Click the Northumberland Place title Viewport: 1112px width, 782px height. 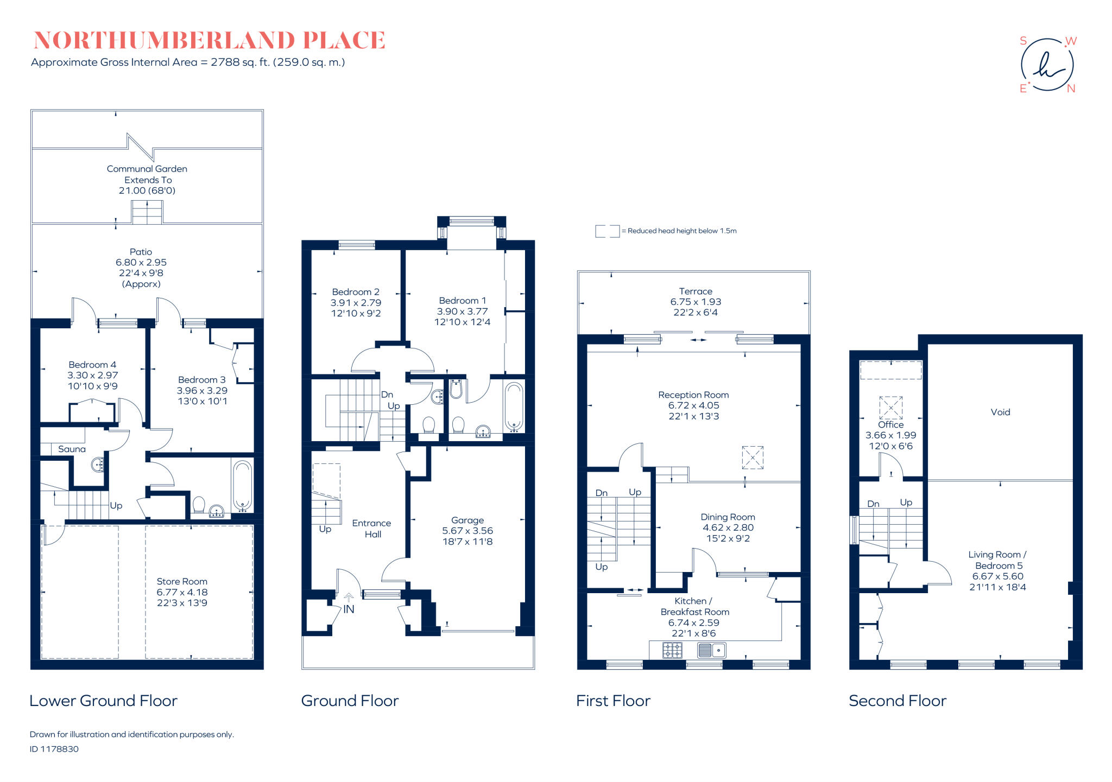[209, 41]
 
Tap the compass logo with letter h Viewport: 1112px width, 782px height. [1047, 65]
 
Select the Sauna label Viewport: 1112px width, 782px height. [72, 449]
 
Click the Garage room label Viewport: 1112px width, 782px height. [467, 520]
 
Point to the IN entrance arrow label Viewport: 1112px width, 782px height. [349, 609]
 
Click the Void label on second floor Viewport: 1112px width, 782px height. [1000, 412]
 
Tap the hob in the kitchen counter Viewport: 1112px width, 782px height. [672, 650]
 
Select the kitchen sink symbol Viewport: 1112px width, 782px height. [711, 650]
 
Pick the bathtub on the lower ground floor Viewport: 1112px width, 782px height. [242, 486]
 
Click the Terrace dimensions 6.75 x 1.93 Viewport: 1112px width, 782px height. [696, 302]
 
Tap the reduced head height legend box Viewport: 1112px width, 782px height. [607, 231]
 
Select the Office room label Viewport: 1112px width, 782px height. [890, 425]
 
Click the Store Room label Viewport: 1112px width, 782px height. [182, 582]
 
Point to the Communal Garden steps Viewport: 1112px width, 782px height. [147, 212]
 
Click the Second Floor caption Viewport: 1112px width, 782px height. [897, 701]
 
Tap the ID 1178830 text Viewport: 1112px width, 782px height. [54, 749]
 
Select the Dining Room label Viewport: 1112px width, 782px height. [728, 517]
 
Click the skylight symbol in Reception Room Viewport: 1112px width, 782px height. [753, 457]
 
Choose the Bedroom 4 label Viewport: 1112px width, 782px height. [92, 365]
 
